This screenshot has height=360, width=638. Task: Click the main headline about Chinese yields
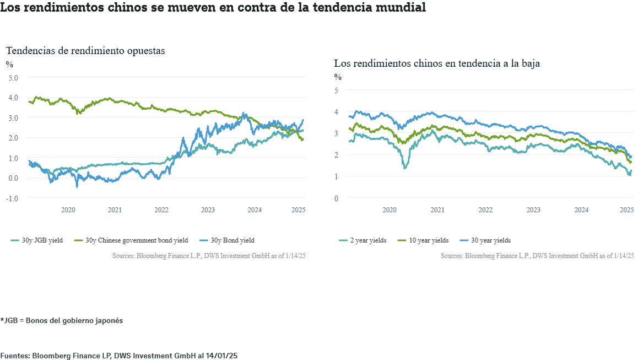pyautogui.click(x=213, y=8)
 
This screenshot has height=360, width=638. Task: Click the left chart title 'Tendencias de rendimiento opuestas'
pyautogui.click(x=85, y=50)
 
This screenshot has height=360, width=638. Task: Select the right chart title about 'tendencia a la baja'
pyautogui.click(x=436, y=63)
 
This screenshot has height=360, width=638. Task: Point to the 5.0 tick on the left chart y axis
pyautogui.click(x=13, y=78)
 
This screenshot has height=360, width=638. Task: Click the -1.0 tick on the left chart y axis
pyautogui.click(x=12, y=198)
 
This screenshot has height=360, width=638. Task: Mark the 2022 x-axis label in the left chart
pyautogui.click(x=161, y=210)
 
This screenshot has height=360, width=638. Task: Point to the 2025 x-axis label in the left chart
pyautogui.click(x=298, y=210)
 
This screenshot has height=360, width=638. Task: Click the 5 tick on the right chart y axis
pyautogui.click(x=336, y=90)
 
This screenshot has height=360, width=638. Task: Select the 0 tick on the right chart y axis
pyautogui.click(x=336, y=198)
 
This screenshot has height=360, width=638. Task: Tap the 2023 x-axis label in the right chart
pyautogui.click(x=533, y=210)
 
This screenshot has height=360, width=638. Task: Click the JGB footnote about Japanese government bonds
pyautogui.click(x=62, y=320)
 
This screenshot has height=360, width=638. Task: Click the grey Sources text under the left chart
pyautogui.click(x=209, y=256)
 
